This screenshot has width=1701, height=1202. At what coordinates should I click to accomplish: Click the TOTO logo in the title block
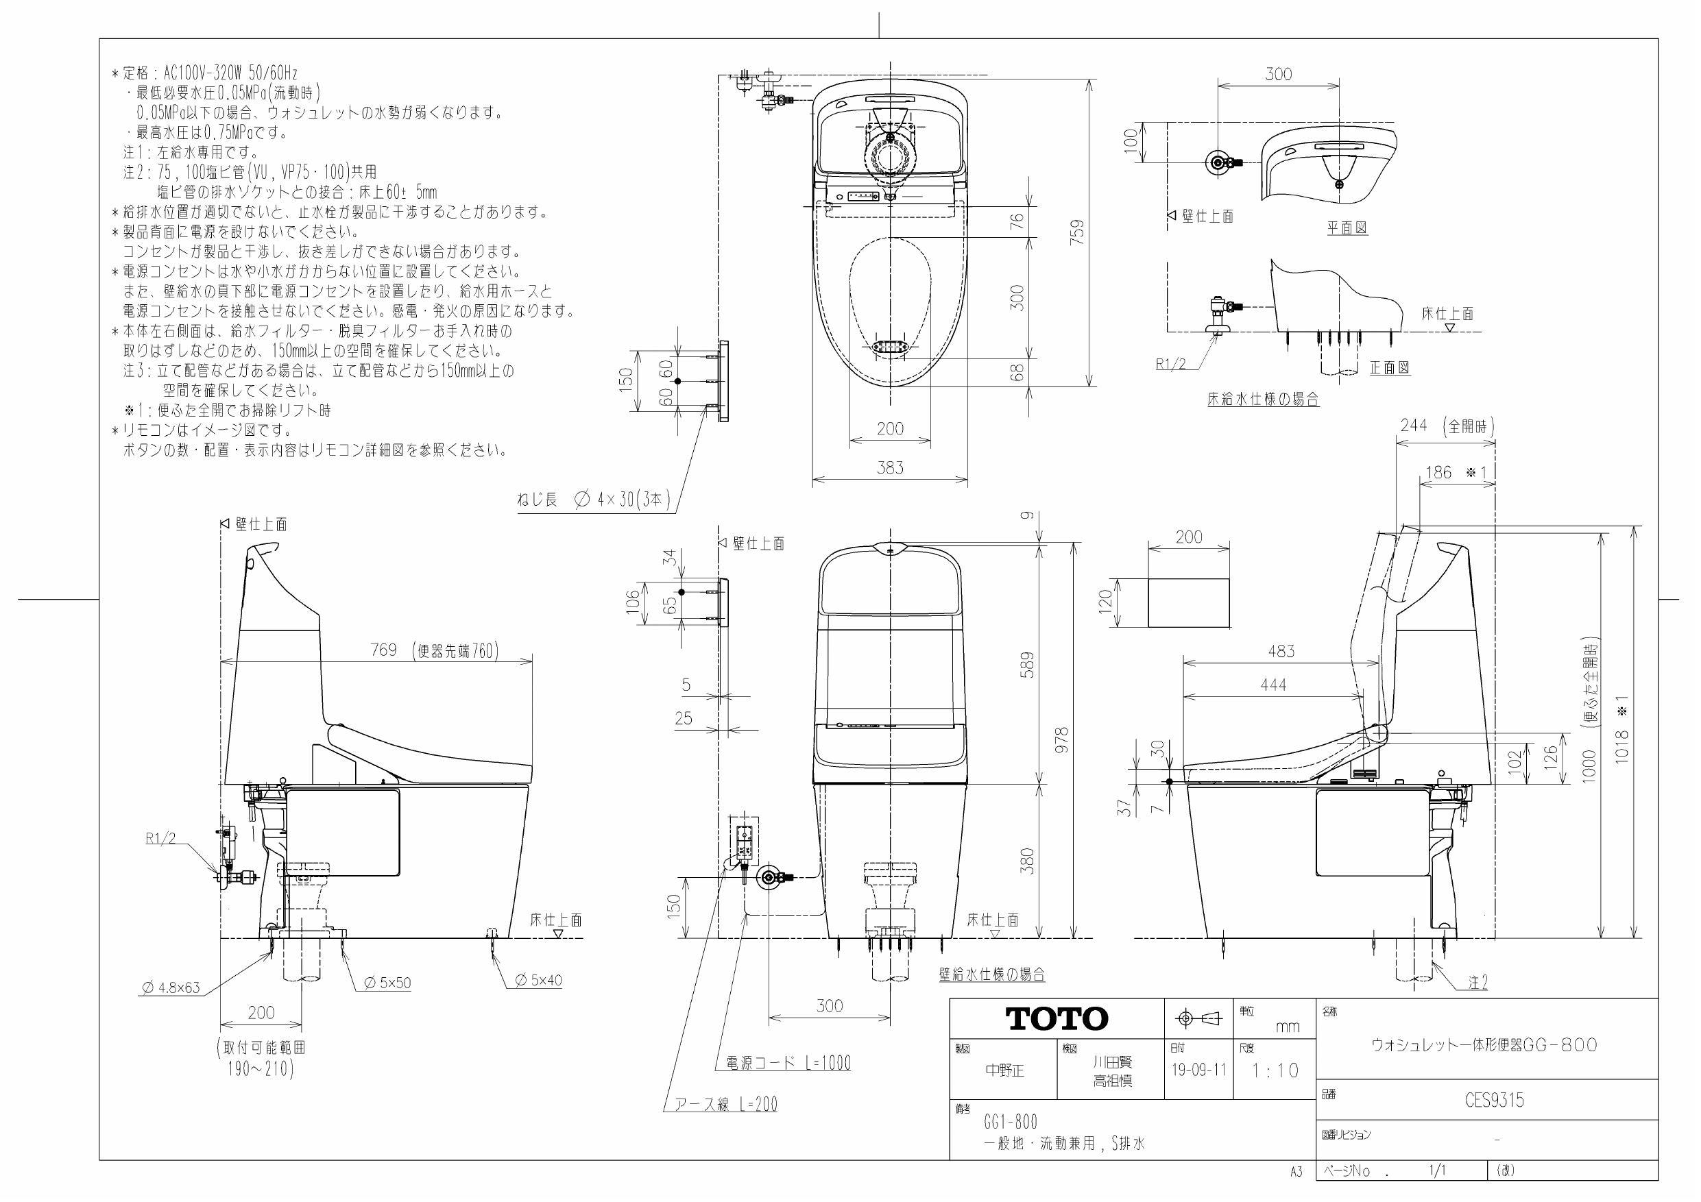pyautogui.click(x=1057, y=1019)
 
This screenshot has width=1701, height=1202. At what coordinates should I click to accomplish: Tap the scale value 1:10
pyautogui.click(x=1275, y=1070)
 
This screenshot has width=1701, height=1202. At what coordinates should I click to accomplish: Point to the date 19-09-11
pyautogui.click(x=1198, y=1070)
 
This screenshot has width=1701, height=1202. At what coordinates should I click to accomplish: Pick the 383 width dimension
pyautogui.click(x=890, y=467)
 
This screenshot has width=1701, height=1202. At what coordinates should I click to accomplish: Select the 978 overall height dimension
pyautogui.click(x=1061, y=741)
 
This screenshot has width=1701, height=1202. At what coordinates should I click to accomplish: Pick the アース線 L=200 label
pyautogui.click(x=725, y=1104)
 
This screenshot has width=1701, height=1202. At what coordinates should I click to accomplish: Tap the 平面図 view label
pyautogui.click(x=1346, y=228)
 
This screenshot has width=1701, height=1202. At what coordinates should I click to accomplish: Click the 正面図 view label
pyautogui.click(x=1389, y=367)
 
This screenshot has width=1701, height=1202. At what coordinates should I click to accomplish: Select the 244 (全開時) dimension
pyautogui.click(x=1447, y=426)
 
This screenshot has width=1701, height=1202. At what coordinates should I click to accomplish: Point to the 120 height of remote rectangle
pyautogui.click(x=1105, y=602)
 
